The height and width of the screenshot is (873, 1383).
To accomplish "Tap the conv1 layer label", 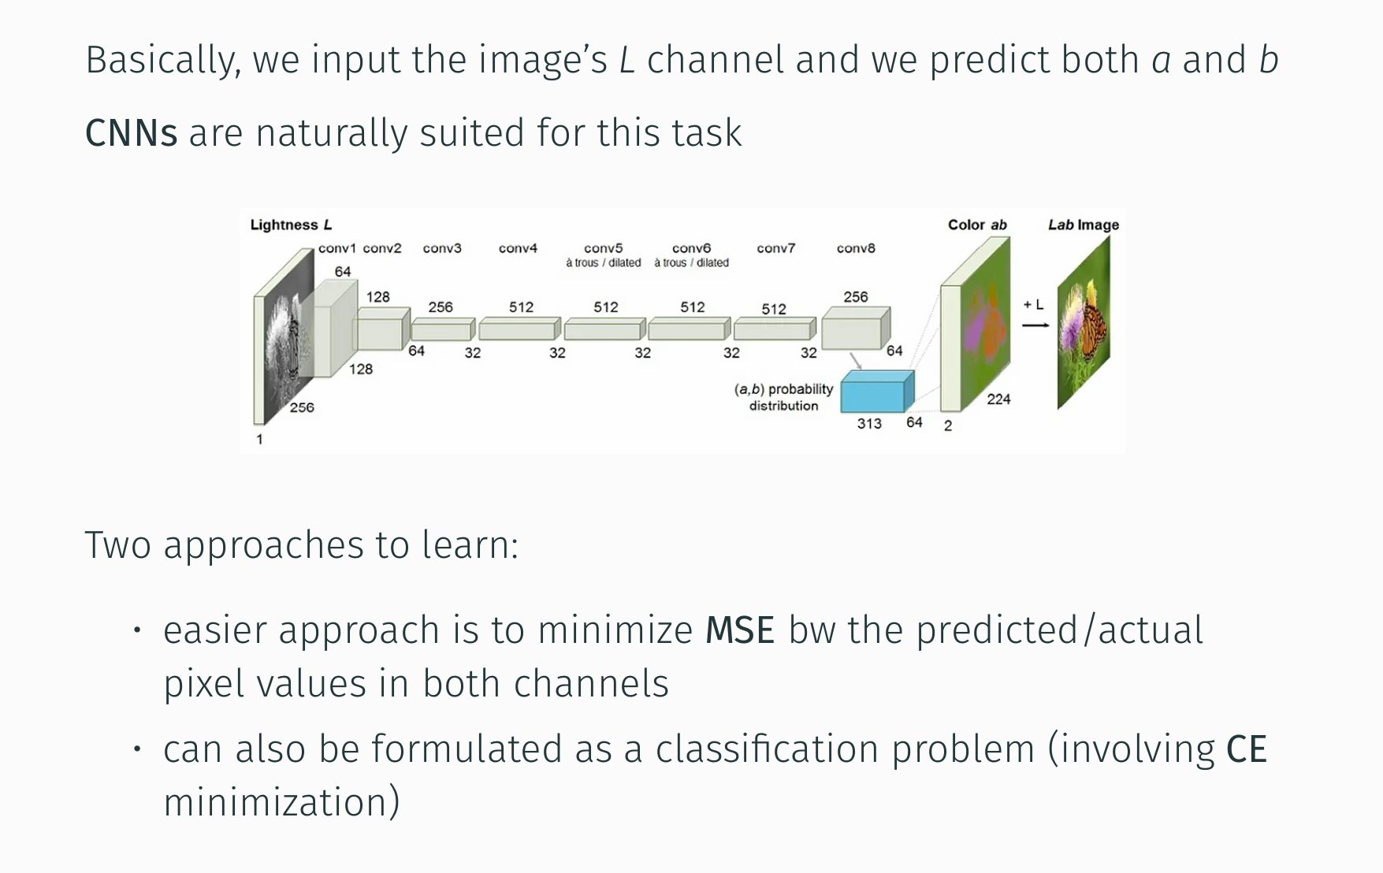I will [x=336, y=248].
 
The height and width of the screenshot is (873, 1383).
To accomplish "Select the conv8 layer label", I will [x=856, y=248].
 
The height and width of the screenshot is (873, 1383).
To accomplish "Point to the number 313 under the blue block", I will [x=869, y=424].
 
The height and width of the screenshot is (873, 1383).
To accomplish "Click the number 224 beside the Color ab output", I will [x=998, y=399].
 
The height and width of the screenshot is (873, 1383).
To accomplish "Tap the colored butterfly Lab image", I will [x=1084, y=323].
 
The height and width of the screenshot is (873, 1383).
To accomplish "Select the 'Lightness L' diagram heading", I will [x=291, y=225].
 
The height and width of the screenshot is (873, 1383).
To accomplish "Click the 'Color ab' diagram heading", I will [x=977, y=225].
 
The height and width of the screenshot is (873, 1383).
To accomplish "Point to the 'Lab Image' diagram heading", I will [x=1083, y=225].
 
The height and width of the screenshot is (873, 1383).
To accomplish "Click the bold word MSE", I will [x=740, y=630].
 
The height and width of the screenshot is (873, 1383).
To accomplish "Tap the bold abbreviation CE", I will [x=1246, y=749].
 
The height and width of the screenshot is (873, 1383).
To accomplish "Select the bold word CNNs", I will [x=131, y=133].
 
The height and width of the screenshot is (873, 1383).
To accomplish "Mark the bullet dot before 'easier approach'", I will [x=137, y=630].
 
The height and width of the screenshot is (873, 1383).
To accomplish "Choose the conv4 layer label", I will [x=518, y=248].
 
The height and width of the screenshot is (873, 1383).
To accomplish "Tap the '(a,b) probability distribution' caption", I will [x=783, y=398].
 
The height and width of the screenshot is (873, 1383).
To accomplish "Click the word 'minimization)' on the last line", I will [x=281, y=803].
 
